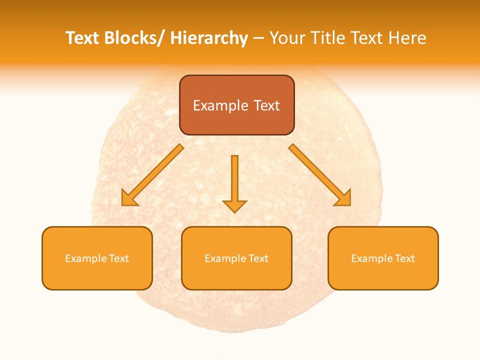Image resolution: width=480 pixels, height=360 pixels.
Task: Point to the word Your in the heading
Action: (x=287, y=38)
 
